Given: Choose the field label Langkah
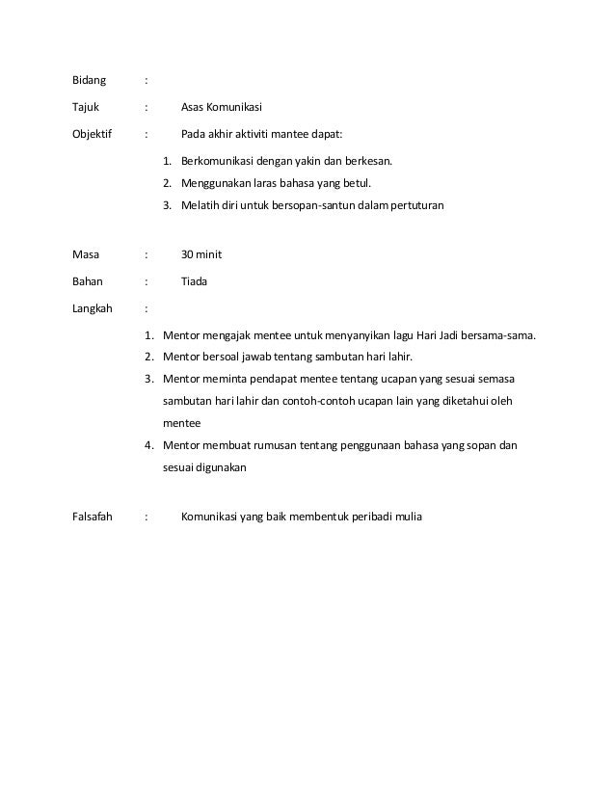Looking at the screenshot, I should [x=93, y=309].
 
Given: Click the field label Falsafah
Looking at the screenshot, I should [x=93, y=517].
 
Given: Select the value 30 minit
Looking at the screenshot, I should [x=201, y=254].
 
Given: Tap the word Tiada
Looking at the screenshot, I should [x=195, y=281].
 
